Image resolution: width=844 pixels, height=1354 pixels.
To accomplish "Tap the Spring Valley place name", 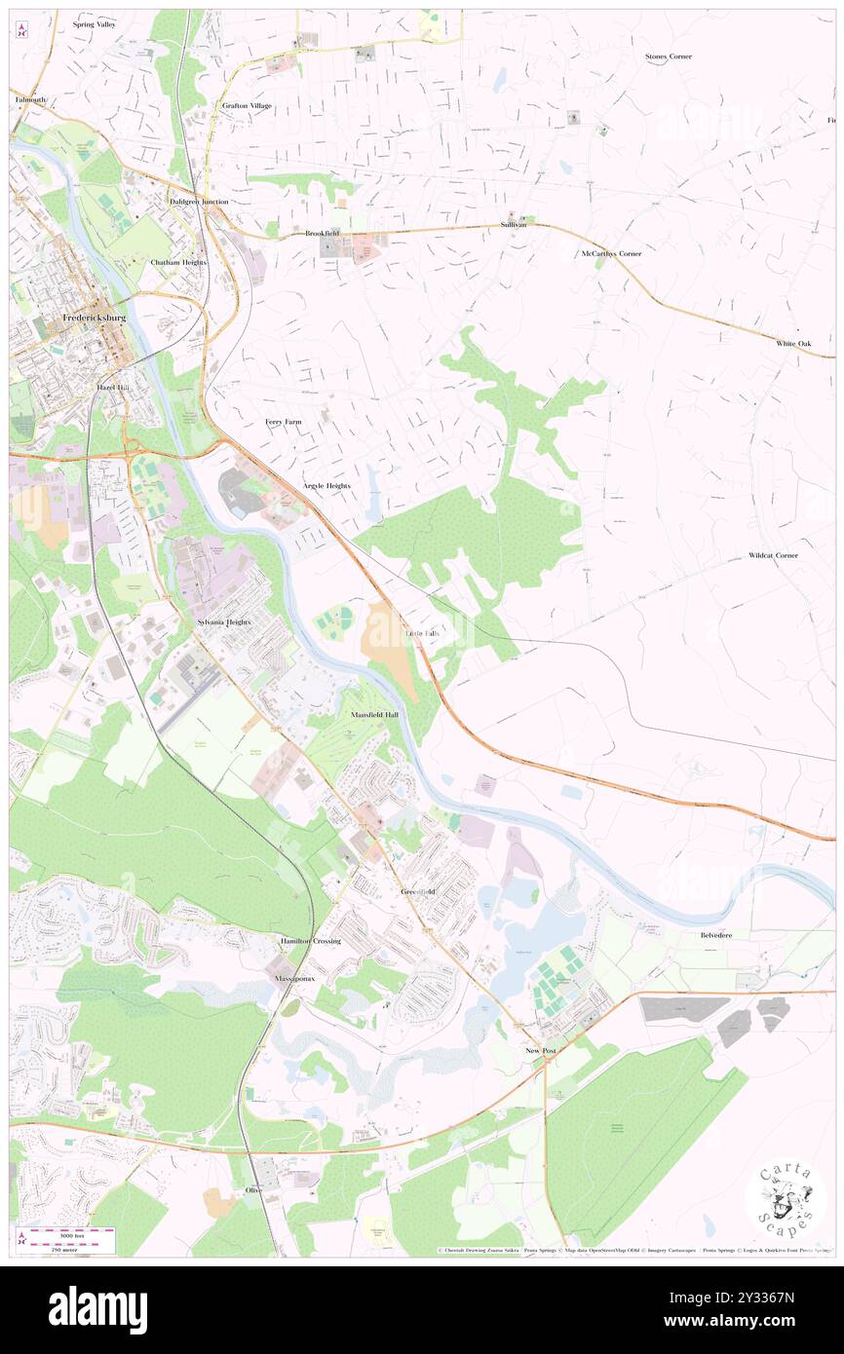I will [94, 23].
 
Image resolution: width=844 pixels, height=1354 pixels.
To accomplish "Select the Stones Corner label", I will [669, 56].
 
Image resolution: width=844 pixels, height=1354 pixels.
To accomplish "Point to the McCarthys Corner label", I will [611, 253].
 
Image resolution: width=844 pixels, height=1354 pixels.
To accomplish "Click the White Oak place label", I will [793, 344].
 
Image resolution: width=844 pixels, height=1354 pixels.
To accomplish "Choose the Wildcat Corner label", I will [773, 555].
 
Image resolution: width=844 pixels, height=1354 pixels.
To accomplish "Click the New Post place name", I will [541, 1052].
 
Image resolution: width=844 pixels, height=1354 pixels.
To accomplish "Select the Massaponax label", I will [293, 977].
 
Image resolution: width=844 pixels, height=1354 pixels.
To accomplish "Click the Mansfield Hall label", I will [375, 715].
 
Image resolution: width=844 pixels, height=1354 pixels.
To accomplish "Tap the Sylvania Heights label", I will [224, 621].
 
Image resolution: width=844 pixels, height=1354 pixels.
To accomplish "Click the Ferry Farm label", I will [284, 422].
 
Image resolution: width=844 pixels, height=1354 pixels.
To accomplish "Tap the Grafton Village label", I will [247, 105].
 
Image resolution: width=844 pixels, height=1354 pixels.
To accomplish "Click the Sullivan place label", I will [514, 224].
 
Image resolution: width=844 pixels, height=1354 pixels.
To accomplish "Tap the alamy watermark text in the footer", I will [97, 1310].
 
